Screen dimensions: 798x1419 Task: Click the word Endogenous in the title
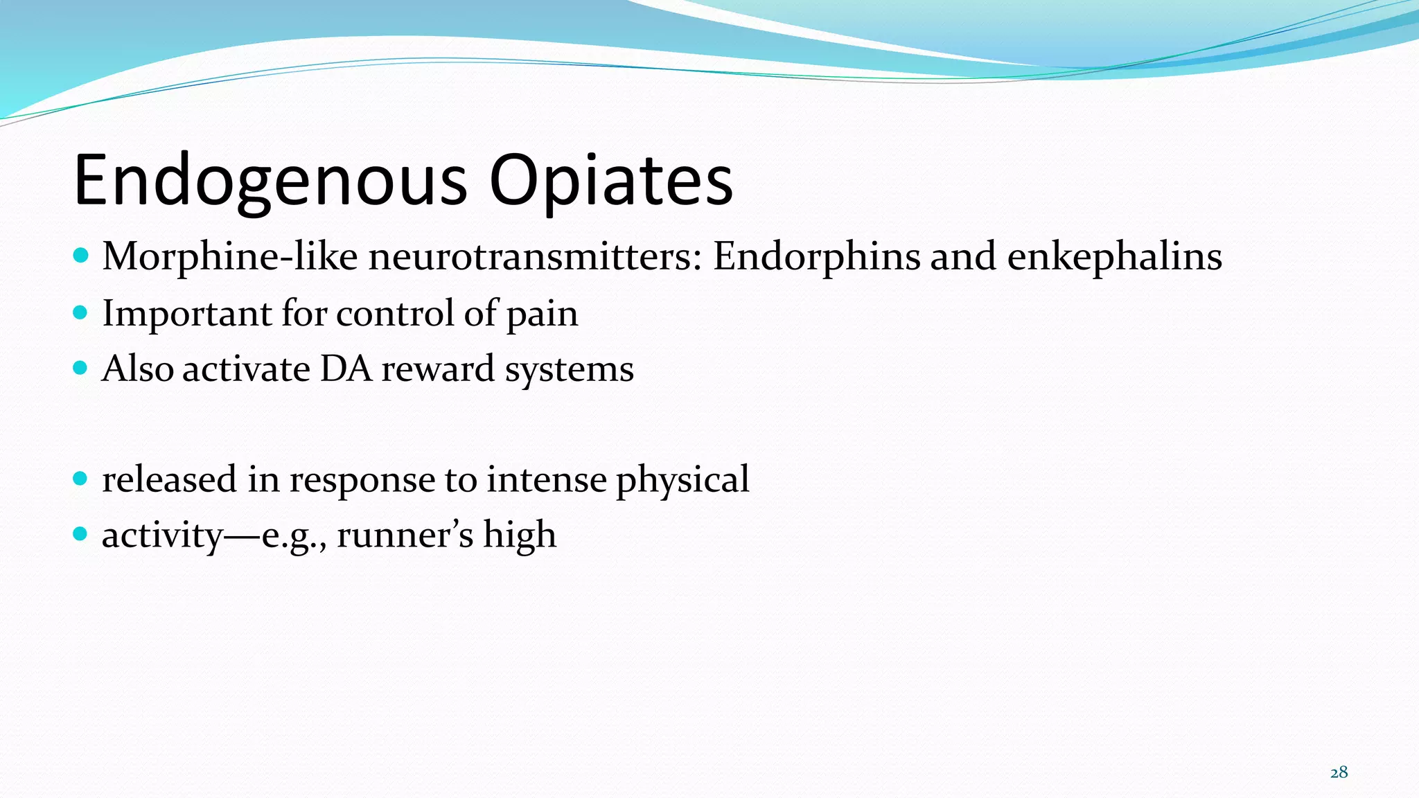(270, 181)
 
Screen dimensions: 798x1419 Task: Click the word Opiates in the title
(610, 181)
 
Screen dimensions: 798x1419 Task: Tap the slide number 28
(1339, 772)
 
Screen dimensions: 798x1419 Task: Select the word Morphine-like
(229, 257)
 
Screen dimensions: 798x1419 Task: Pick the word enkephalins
(1114, 257)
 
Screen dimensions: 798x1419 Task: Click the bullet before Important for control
(80, 312)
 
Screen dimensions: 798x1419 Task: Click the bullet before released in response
(80, 479)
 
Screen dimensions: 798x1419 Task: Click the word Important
(186, 314)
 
